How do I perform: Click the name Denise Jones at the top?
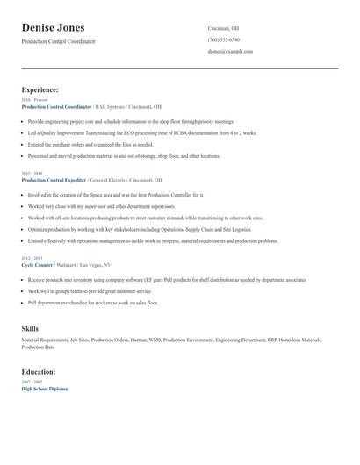(x=60, y=27)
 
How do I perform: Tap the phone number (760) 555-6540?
(x=223, y=40)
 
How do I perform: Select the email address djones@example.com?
(x=230, y=52)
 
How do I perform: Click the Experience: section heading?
(x=40, y=90)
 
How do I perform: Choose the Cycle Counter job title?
(x=37, y=264)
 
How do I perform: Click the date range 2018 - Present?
(x=35, y=100)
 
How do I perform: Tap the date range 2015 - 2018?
(x=32, y=173)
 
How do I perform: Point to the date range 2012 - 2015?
(x=32, y=258)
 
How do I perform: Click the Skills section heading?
(x=30, y=329)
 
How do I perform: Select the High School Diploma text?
(x=44, y=388)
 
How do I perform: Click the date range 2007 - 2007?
(x=32, y=382)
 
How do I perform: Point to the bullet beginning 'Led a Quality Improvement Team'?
(x=141, y=132)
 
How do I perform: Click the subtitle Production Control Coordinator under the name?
(x=59, y=41)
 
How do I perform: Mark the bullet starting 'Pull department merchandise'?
(x=93, y=302)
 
